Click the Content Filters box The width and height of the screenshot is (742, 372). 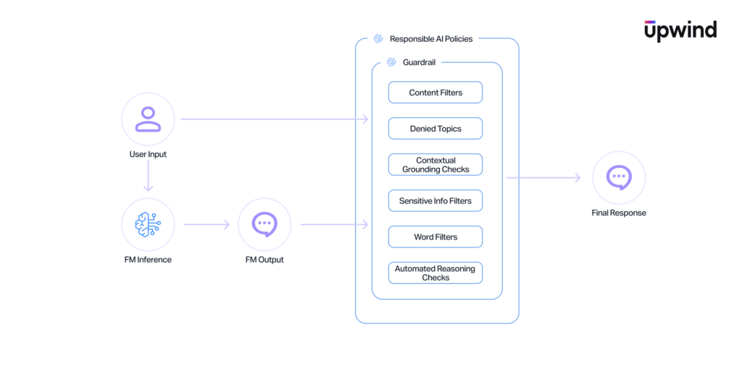tap(435, 92)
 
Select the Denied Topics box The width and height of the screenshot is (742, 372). tap(435, 129)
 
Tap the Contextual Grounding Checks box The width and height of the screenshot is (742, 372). tap(435, 164)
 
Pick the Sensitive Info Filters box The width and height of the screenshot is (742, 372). tap(435, 201)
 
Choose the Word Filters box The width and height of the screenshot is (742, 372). tap(435, 237)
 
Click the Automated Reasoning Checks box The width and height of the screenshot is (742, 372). tap(435, 273)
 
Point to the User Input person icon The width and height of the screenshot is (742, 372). tap(148, 119)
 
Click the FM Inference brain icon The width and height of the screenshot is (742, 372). tap(148, 224)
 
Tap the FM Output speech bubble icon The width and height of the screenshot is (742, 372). tap(264, 224)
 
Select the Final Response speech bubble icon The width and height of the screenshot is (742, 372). tap(619, 178)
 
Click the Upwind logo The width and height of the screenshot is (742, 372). tap(680, 30)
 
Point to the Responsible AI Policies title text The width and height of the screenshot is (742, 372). tap(431, 39)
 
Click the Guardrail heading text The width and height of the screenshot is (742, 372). tap(420, 62)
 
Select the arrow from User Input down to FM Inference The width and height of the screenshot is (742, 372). tap(148, 175)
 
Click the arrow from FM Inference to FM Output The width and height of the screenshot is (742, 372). tap(207, 224)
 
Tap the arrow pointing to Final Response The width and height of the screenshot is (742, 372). tap(543, 178)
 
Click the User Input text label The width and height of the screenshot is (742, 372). tap(148, 154)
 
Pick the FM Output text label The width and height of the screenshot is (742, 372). tap(264, 260)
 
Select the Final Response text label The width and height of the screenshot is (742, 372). tap(619, 213)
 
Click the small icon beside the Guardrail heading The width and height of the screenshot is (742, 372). tap(391, 62)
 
